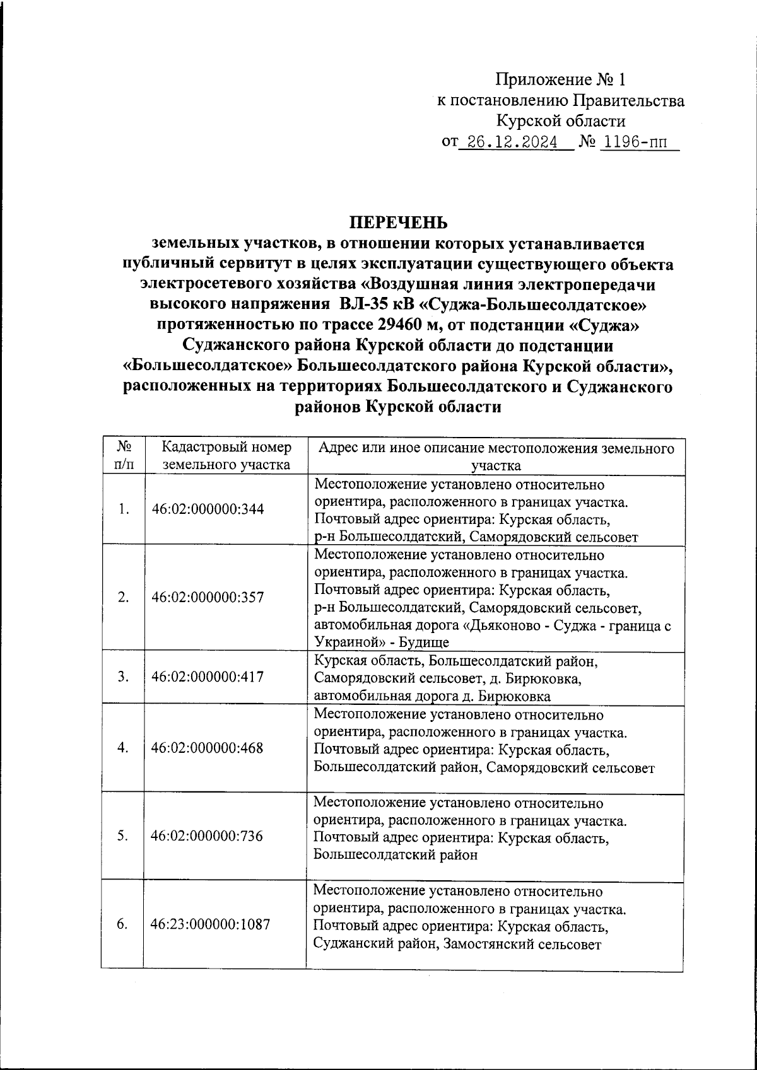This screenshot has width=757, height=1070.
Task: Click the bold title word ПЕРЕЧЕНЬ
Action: click(x=398, y=223)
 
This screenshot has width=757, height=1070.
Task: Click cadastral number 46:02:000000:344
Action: click(x=208, y=509)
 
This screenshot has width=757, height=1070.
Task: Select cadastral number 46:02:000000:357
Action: click(x=208, y=598)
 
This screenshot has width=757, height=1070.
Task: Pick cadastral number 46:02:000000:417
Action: click(x=208, y=677)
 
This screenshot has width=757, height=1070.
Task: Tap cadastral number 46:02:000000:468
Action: click(x=208, y=748)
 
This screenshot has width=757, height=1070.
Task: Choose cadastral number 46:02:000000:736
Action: click(x=208, y=836)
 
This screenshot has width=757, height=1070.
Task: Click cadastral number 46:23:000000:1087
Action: click(x=210, y=924)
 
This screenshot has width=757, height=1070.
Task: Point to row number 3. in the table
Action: click(x=124, y=677)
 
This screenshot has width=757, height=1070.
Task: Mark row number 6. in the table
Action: click(x=124, y=924)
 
